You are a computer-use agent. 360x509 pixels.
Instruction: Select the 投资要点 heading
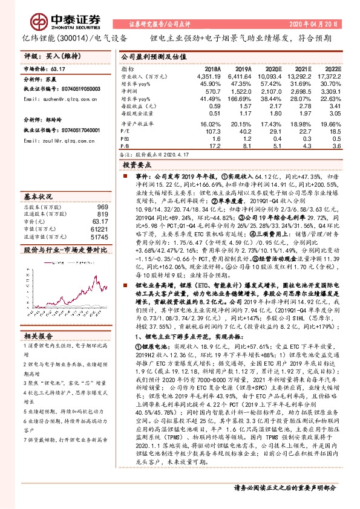tap(137, 164)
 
